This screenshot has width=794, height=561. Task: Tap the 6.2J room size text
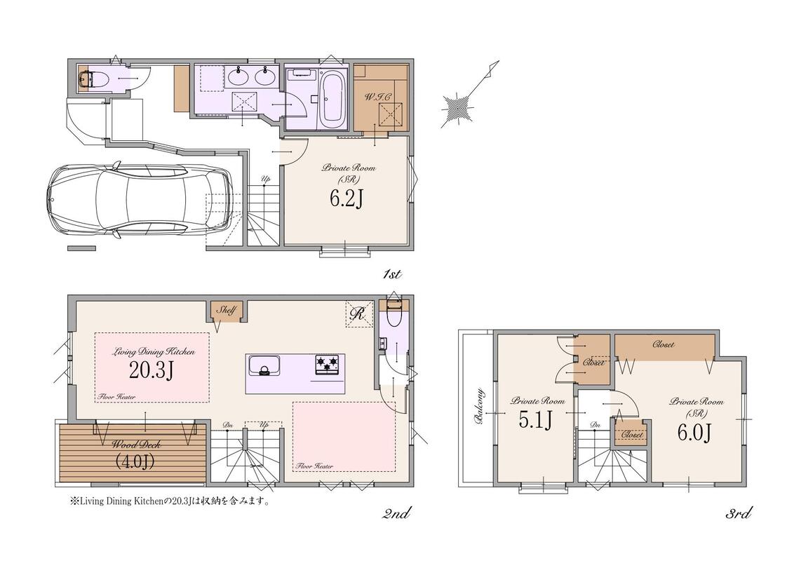coord(346,198)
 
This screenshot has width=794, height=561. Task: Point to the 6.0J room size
coord(694,432)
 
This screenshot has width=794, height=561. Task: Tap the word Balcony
coord(478,405)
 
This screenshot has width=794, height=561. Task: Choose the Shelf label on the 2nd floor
coord(226,311)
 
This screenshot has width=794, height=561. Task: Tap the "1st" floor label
coord(392,274)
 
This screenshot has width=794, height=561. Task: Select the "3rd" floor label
coord(738,514)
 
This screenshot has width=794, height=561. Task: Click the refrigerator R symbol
coord(358,314)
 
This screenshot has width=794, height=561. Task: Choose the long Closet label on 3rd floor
coord(663,344)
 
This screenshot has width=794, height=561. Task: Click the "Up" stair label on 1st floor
coord(265,179)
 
